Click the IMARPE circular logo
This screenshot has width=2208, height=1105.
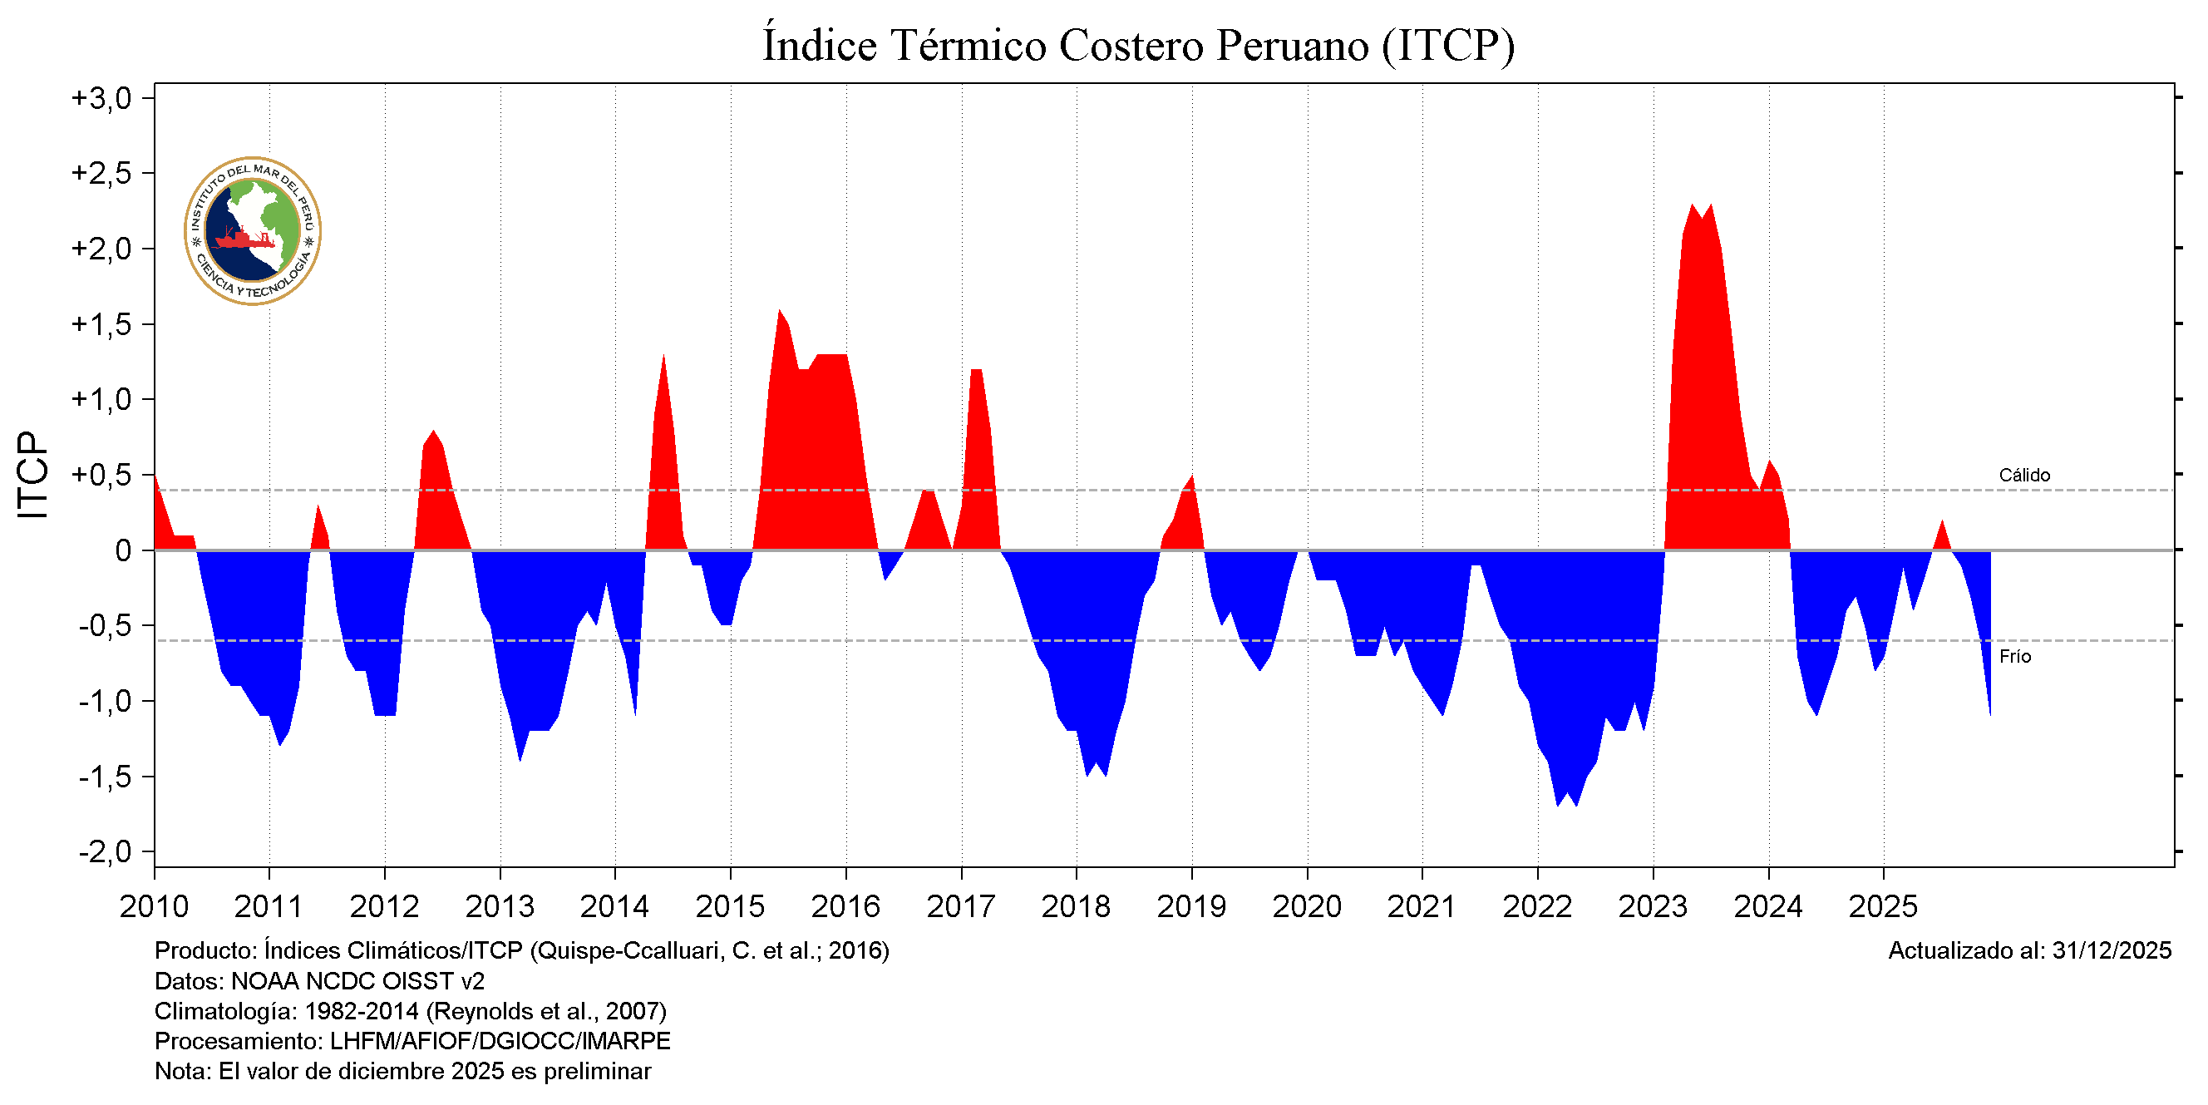pos(253,230)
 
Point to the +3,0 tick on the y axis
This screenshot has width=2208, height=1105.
pos(101,99)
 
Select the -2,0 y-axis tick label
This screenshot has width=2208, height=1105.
pos(106,852)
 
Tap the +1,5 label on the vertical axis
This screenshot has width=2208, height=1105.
pos(101,325)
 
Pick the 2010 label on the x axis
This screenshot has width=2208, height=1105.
pos(155,906)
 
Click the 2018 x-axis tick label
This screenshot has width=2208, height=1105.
pos(1076,906)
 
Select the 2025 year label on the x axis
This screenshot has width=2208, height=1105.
pos(1883,906)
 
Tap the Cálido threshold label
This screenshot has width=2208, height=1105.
pos(2023,475)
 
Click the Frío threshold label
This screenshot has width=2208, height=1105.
pos(2014,657)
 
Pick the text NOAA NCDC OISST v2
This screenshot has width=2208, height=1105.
pos(357,981)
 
